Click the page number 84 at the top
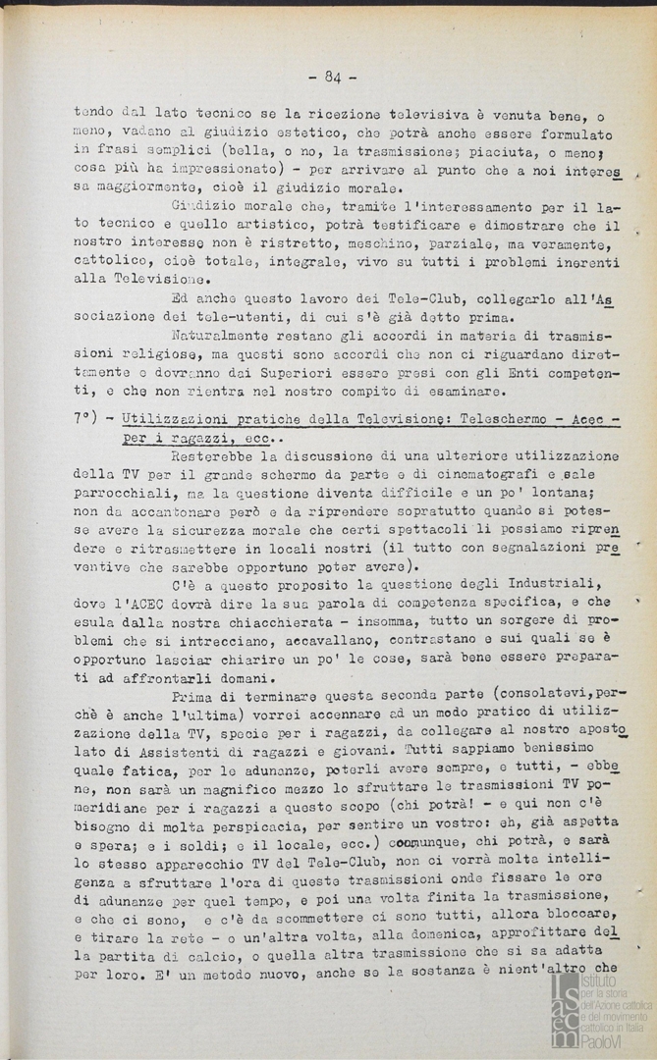330,77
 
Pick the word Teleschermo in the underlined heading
480,418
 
